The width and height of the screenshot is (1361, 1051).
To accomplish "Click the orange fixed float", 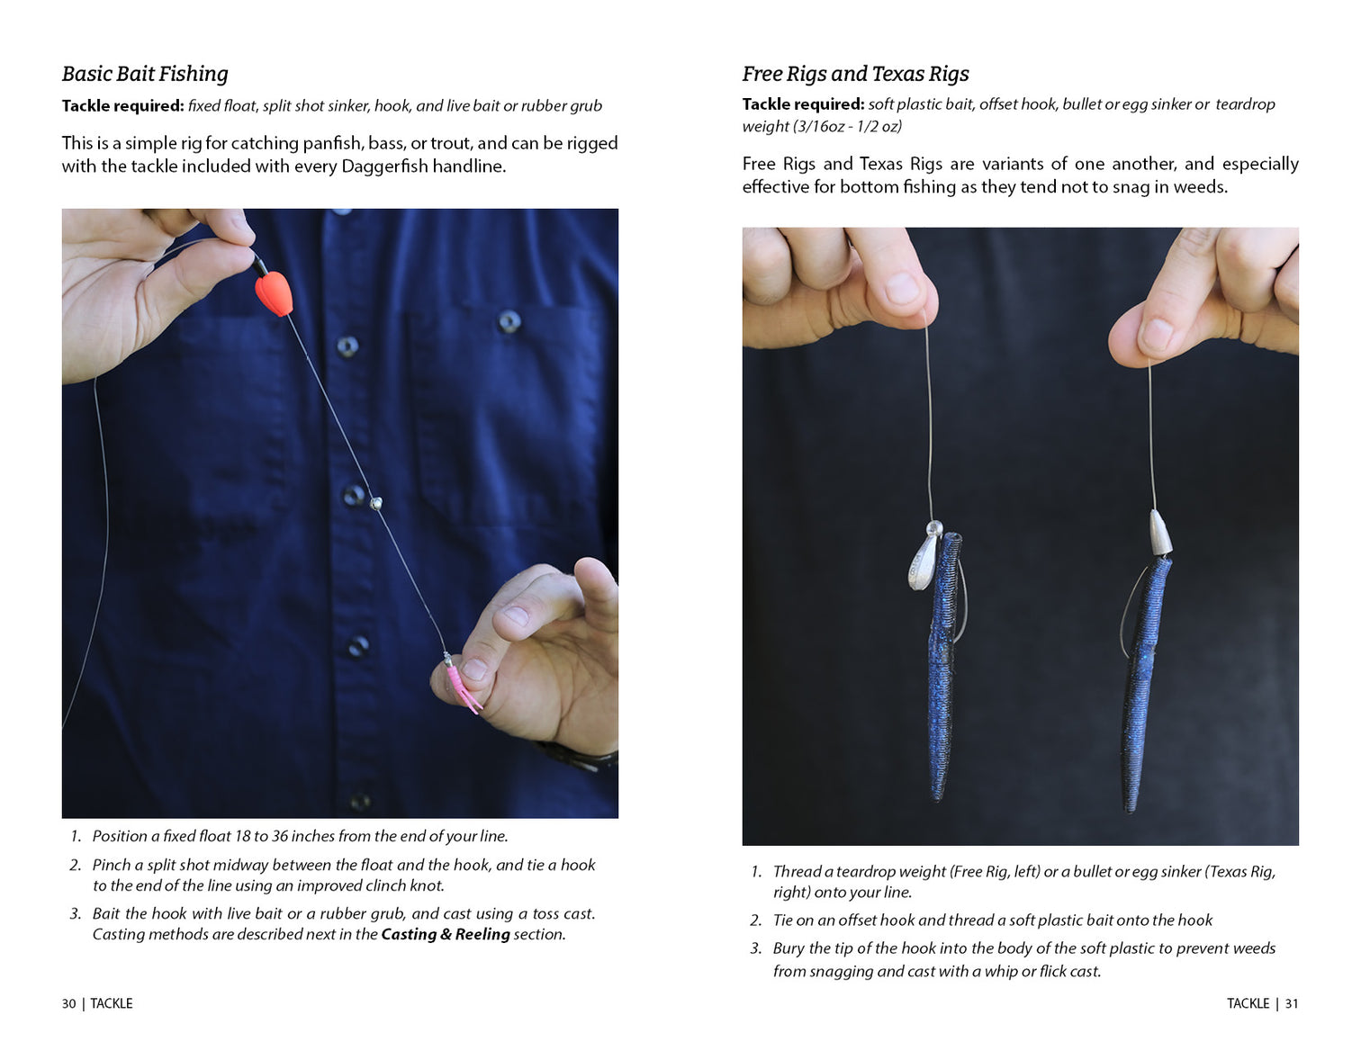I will [274, 292].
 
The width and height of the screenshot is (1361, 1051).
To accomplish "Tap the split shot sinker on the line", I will [376, 503].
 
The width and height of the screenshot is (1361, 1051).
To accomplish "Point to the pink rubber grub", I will [460, 687].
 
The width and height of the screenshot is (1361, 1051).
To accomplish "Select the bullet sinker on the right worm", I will [1159, 534].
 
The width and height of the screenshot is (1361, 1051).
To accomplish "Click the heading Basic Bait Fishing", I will [145, 74].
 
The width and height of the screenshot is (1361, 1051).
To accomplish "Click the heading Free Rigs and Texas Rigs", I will [855, 74].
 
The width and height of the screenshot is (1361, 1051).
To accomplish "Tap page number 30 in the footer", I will [68, 1003].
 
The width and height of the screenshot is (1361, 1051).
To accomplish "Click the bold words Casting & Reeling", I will [445, 934].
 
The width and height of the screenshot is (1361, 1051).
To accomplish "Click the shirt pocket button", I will [509, 321].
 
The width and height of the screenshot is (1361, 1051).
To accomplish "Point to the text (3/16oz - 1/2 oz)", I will [822, 127].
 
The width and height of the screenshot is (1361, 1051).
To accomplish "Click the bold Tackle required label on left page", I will [122, 106].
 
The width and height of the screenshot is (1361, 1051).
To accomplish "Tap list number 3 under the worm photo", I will [755, 948].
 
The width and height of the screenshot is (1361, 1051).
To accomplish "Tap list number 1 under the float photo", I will [76, 836].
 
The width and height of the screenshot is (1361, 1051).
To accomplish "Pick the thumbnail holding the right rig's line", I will [1157, 335].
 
